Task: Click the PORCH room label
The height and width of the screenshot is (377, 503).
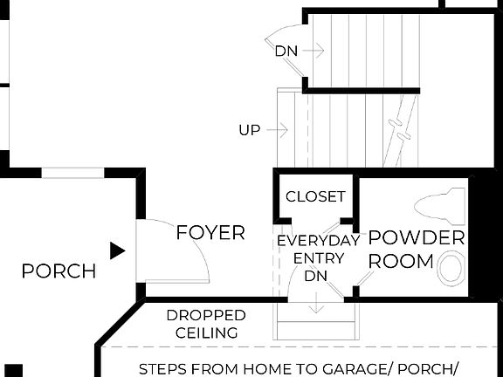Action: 59,271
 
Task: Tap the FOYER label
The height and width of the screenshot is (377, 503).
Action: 210,233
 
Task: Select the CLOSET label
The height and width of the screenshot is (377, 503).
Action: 315,197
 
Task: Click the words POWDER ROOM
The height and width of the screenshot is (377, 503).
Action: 416,249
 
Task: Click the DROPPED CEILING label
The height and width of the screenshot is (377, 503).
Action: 206,324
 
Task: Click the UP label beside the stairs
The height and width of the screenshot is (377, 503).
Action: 250,130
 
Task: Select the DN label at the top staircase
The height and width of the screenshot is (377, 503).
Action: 286,51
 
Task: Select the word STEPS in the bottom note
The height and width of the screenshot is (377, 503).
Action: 164,368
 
